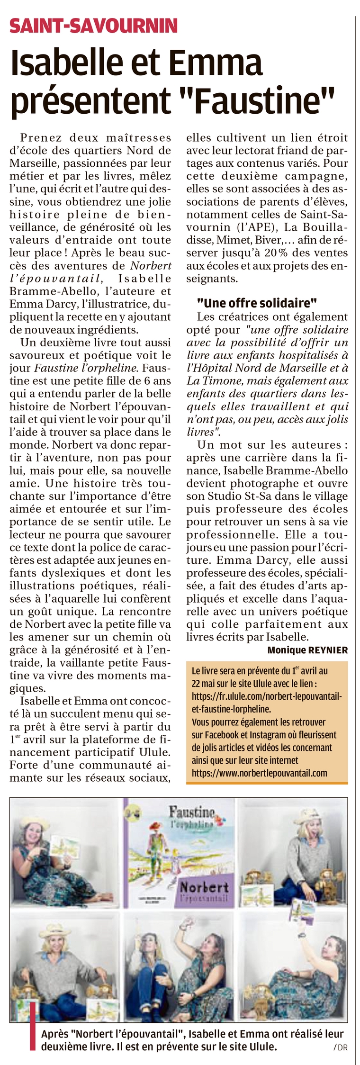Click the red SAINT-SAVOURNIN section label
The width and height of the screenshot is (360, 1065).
(x=93, y=25)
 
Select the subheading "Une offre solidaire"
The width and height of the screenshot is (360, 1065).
(x=257, y=303)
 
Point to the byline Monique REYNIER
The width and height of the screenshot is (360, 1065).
(x=307, y=650)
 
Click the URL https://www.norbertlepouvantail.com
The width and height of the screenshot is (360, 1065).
(x=259, y=773)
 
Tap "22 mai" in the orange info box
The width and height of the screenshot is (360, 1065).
(x=205, y=684)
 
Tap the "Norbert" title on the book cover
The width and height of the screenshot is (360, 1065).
(x=204, y=886)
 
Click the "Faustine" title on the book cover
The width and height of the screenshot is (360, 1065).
(x=192, y=813)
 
